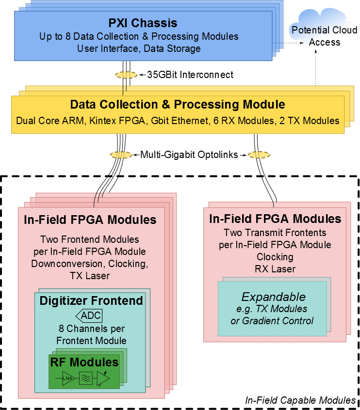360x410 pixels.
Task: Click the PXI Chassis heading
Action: [143, 23]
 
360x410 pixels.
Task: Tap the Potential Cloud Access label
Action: [325, 36]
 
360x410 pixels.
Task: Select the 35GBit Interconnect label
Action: [190, 75]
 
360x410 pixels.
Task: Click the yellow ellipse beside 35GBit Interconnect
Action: [126, 75]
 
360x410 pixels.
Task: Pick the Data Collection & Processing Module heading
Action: [178, 104]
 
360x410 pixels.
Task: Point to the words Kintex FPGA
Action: [117, 121]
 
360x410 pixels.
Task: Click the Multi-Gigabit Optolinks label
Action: [189, 155]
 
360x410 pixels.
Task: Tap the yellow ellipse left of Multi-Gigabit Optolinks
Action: [121, 155]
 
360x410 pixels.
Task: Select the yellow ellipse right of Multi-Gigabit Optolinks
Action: [259, 155]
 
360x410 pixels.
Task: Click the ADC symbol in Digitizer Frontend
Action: [89, 315]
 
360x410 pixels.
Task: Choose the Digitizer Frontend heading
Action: [91, 300]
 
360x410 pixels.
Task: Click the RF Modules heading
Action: [84, 362]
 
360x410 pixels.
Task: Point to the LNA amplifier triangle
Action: [68, 378]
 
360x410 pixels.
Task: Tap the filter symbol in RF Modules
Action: [86, 378]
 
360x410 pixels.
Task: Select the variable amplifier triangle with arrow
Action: [103, 378]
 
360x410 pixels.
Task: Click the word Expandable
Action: [273, 297]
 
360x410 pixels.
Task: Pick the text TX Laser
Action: [90, 276]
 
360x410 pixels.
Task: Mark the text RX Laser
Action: [275, 269]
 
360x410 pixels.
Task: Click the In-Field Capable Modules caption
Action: [300, 400]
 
